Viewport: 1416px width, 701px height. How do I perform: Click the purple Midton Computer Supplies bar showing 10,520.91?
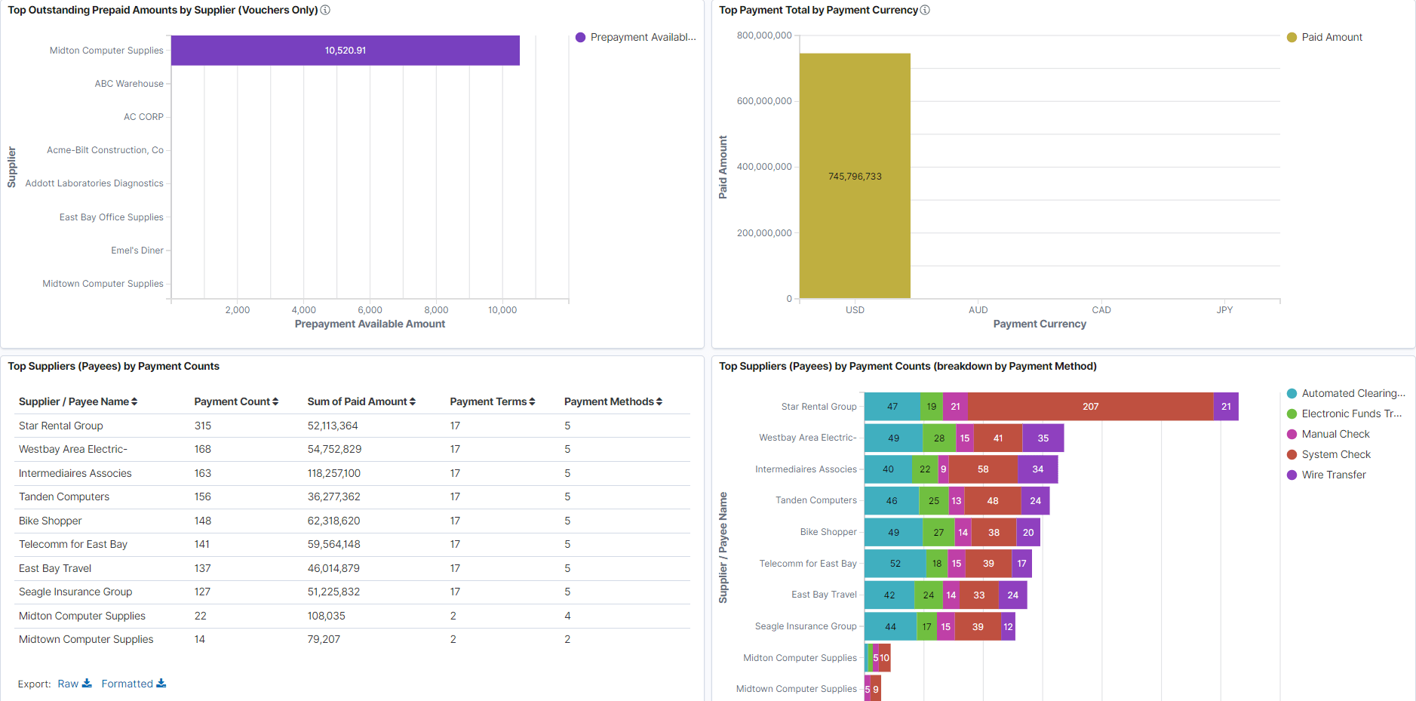(345, 51)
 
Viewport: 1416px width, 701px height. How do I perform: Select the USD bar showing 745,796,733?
(855, 176)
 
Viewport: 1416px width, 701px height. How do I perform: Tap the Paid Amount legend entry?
(1331, 37)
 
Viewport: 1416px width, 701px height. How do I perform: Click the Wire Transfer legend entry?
(1333, 475)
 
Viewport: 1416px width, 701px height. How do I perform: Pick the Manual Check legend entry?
(1335, 434)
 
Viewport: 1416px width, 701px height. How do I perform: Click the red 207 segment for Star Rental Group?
(1090, 407)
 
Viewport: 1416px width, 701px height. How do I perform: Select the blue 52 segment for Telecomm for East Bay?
(895, 564)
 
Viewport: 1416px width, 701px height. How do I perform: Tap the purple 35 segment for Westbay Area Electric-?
(1043, 438)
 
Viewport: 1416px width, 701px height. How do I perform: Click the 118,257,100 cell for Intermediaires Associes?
(333, 473)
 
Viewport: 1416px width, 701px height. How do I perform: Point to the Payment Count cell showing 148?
(202, 521)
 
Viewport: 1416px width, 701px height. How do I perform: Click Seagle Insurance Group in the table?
(75, 592)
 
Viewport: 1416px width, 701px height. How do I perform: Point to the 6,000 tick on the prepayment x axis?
(370, 310)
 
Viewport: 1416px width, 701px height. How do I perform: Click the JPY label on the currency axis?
(1224, 310)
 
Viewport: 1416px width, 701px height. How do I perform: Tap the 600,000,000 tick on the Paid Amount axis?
(763, 101)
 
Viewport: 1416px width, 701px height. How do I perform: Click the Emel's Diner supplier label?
(137, 251)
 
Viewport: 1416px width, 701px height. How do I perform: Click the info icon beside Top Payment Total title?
(925, 10)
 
